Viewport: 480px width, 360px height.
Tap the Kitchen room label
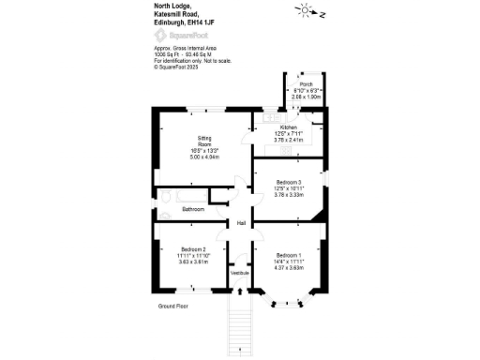click(289, 127)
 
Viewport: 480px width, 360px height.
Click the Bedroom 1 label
click(288, 255)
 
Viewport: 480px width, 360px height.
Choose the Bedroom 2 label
click(193, 248)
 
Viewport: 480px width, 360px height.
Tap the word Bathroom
click(193, 209)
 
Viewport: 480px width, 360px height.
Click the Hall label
click(241, 223)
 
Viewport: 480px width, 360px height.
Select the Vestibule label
click(240, 272)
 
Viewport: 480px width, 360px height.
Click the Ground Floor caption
click(172, 306)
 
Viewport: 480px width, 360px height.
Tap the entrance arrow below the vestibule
click(241, 350)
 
